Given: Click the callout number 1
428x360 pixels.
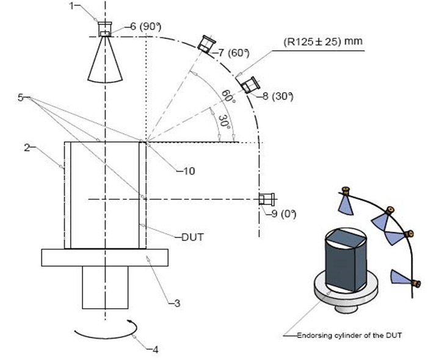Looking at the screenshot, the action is [71, 5].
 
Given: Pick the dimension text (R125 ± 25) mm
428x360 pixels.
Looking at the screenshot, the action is [323, 41].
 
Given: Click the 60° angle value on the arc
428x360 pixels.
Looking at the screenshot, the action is [229, 96].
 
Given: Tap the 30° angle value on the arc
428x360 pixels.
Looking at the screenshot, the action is [225, 121].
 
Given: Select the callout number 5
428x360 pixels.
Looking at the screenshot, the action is [21, 98].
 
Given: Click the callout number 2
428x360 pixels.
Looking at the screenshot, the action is [27, 148].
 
